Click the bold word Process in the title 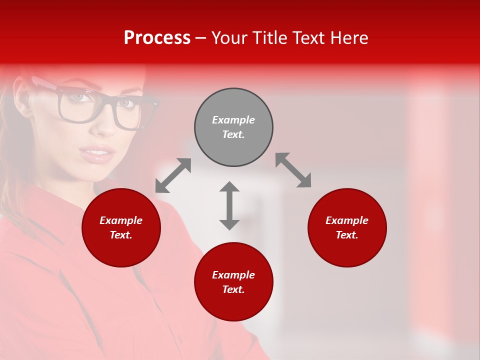pos(157,38)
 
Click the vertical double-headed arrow pos(229,205)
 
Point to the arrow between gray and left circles pos(173,175)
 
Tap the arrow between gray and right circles pos(293,170)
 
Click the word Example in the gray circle pos(233,120)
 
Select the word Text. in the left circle pos(121,235)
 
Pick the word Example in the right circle pos(347,220)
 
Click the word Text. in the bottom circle pos(233,289)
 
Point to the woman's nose pos(103,125)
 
